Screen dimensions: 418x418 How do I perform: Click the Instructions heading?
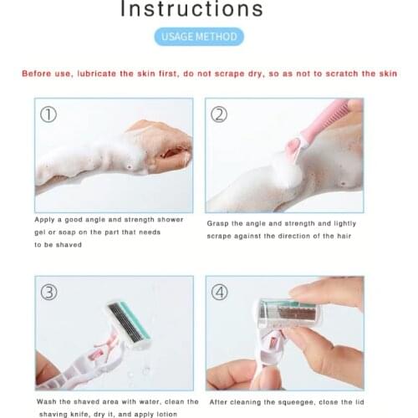192,10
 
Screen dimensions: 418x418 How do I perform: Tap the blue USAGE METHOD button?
199,37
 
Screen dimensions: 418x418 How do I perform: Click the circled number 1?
48,115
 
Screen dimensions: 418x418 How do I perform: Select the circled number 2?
219,115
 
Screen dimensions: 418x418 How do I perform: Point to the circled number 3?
49,293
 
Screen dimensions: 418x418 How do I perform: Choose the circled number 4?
220,293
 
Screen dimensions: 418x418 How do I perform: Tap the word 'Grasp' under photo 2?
220,224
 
